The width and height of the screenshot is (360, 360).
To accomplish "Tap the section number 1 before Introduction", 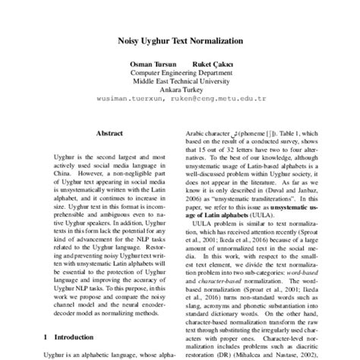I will pyautogui.click(x=46, y=336).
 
